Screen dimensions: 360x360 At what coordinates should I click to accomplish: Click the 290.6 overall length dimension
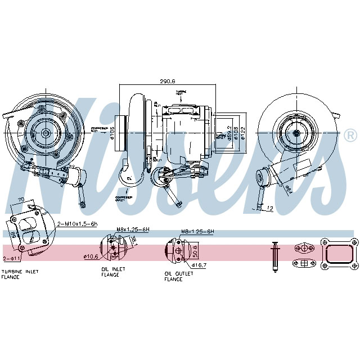(x=167, y=81)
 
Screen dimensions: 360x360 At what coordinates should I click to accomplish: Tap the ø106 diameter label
(x=112, y=133)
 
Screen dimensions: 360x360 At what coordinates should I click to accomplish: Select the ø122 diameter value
(x=243, y=133)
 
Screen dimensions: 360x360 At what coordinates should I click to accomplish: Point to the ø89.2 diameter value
(x=229, y=133)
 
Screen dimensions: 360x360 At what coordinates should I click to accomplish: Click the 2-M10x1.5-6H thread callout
(x=78, y=224)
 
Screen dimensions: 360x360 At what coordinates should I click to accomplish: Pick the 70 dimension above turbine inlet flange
(x=21, y=200)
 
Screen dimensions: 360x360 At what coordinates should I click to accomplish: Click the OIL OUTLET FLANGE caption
(x=178, y=276)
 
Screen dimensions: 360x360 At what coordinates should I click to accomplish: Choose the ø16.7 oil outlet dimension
(x=200, y=264)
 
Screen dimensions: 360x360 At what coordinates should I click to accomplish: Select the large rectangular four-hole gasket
(x=339, y=255)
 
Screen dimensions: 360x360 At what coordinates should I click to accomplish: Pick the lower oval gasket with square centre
(x=303, y=263)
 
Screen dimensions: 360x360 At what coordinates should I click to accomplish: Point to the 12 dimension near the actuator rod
(x=269, y=208)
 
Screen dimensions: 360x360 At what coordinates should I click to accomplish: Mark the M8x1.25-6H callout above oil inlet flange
(x=132, y=229)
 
